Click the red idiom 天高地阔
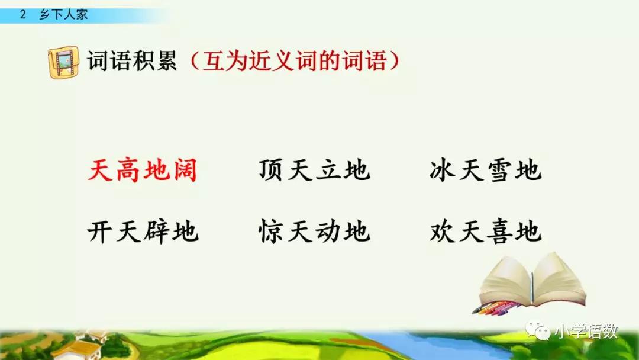click(x=143, y=171)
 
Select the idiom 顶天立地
click(x=314, y=171)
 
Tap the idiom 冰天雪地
click(x=486, y=171)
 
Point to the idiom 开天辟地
click(x=143, y=231)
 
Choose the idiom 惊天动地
click(x=314, y=231)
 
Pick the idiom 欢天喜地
click(x=486, y=231)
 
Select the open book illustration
click(x=532, y=279)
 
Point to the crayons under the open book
click(x=496, y=308)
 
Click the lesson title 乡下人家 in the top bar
click(x=63, y=15)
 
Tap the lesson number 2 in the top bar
click(x=23, y=15)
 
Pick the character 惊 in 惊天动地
click(x=273, y=231)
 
